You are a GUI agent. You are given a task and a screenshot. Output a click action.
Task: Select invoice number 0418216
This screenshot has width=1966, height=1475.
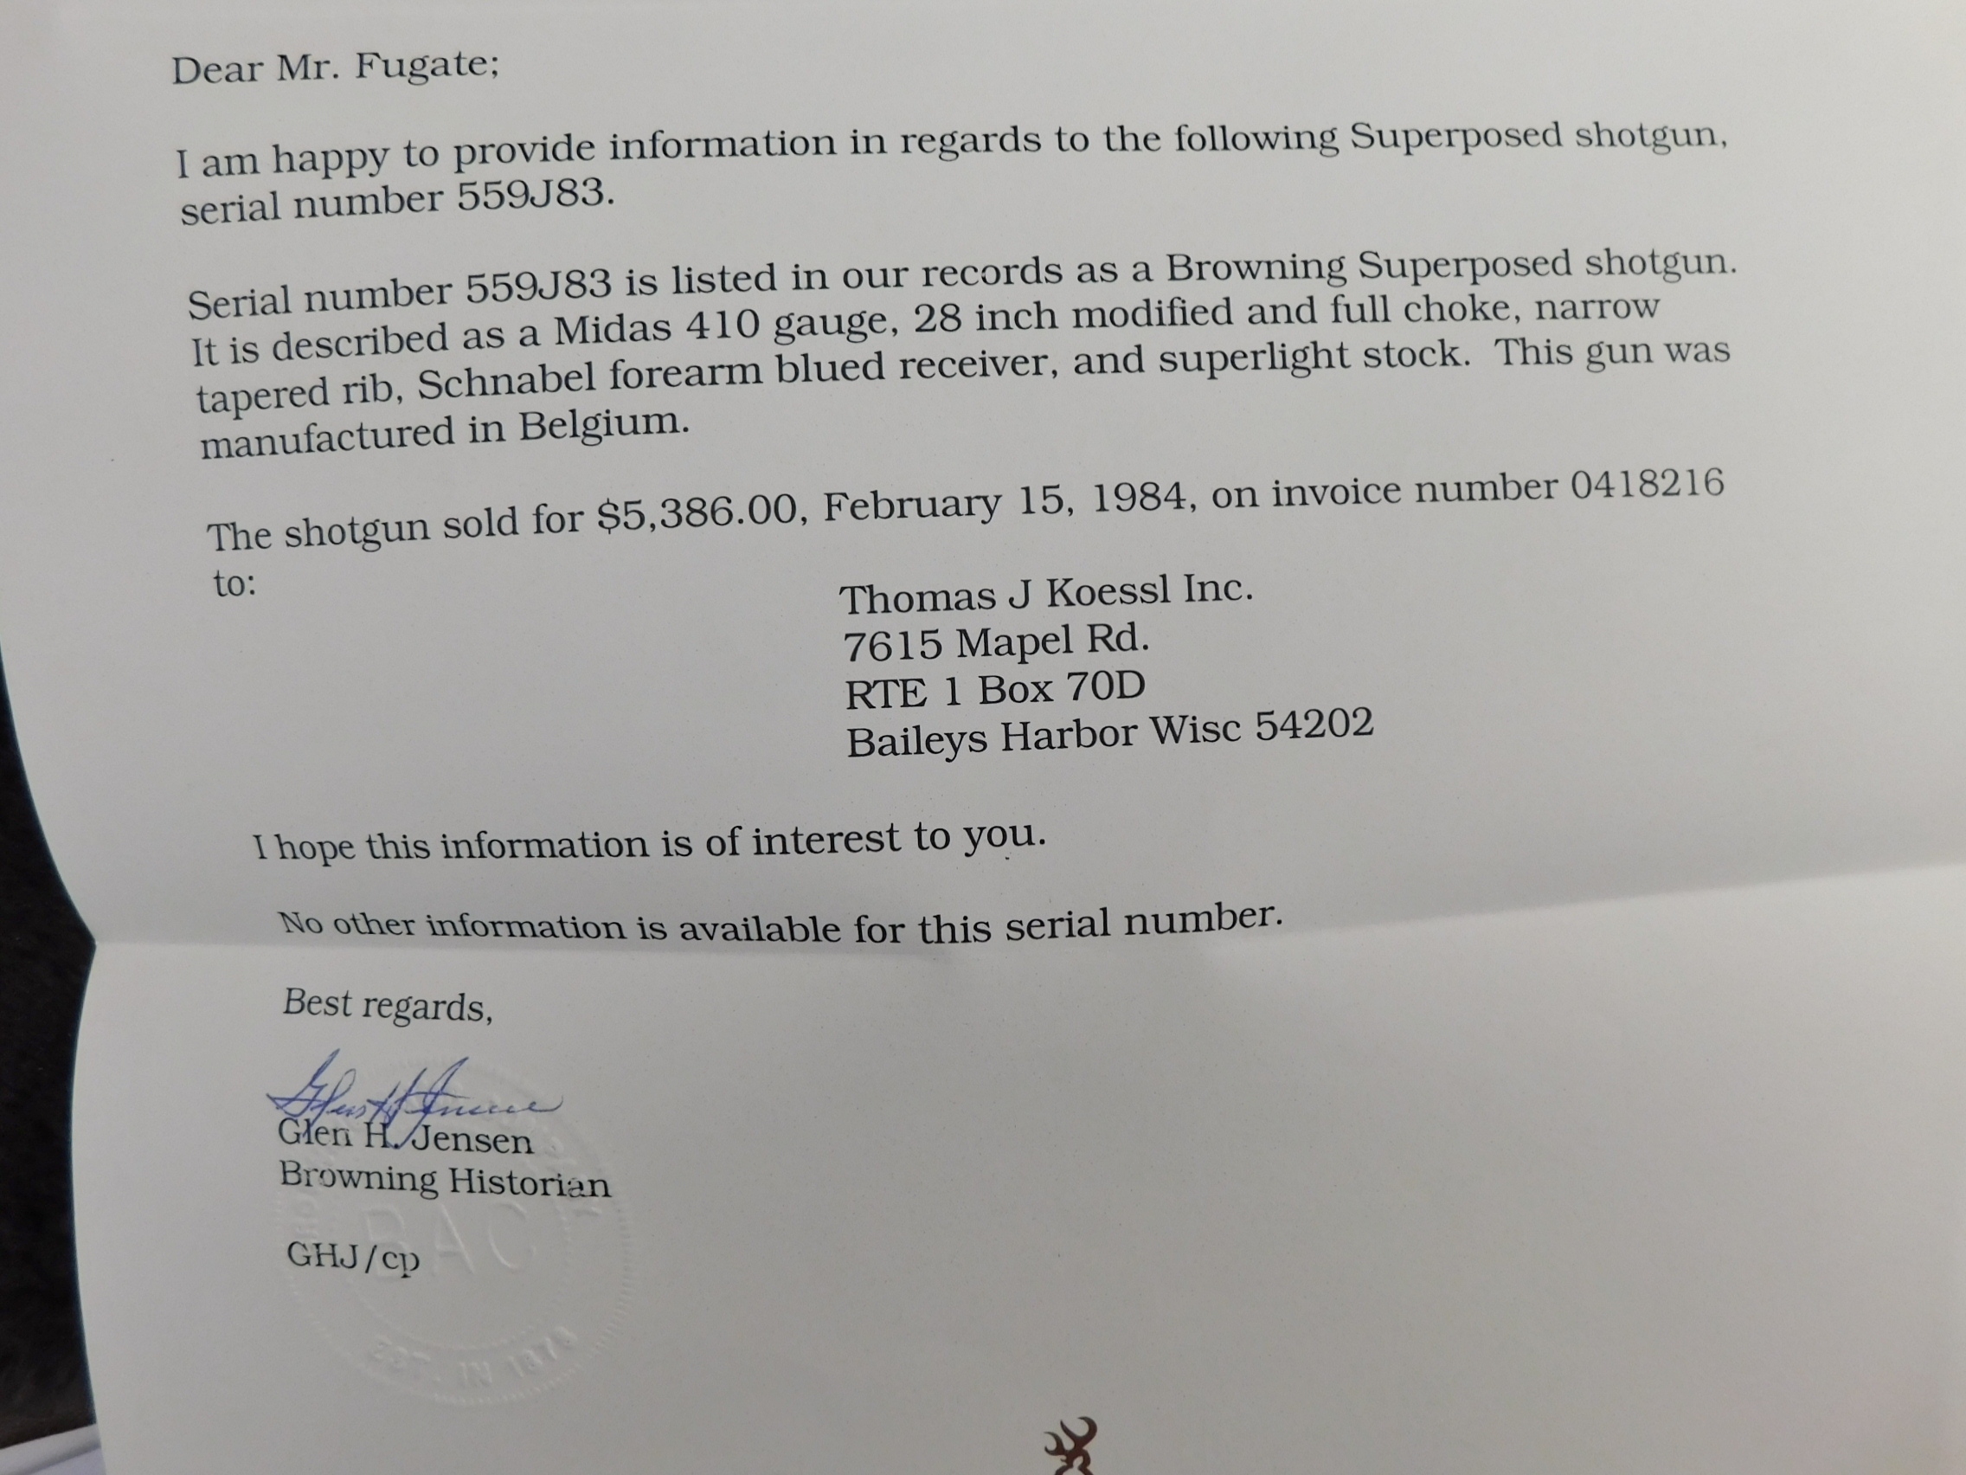1647,485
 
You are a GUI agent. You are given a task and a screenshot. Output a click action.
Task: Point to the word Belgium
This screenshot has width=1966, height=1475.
603,424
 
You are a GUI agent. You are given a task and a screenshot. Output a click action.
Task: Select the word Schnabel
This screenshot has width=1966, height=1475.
505,383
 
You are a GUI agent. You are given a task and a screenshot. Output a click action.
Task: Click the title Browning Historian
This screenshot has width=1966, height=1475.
445,1180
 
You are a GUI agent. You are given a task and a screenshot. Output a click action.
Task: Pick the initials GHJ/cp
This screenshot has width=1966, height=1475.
352,1257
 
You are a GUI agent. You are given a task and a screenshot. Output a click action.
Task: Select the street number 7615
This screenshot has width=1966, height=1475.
891,647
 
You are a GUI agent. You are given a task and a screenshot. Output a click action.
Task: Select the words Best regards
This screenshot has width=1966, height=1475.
387,1005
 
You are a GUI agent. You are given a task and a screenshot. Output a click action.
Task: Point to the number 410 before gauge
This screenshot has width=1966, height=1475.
723,326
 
